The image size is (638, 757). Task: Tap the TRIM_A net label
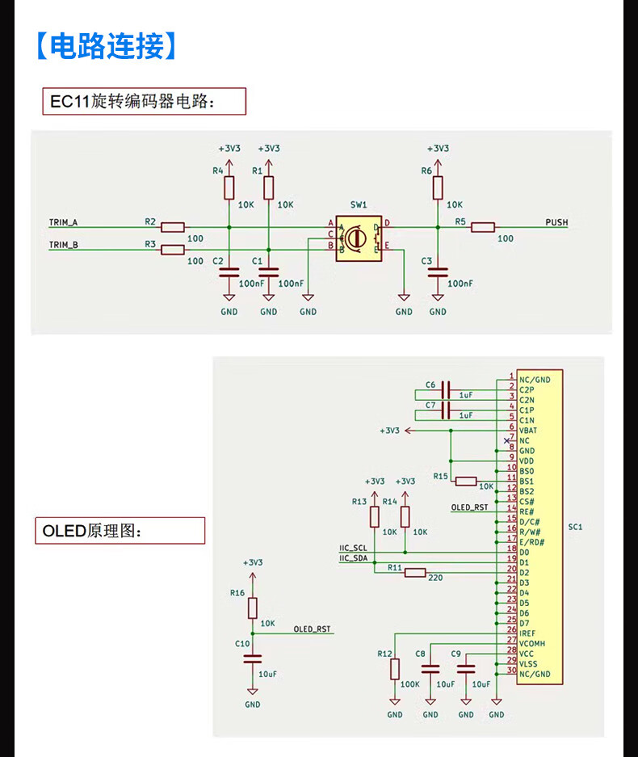(x=64, y=222)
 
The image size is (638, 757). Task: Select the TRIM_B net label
(x=64, y=245)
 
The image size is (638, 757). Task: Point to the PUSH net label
(x=556, y=222)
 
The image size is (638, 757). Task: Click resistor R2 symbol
(x=173, y=227)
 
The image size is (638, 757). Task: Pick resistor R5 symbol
(x=483, y=227)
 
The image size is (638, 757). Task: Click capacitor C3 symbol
(x=438, y=275)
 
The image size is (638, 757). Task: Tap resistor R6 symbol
(x=438, y=187)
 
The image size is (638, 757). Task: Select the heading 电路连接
(x=106, y=46)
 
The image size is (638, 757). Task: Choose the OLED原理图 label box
(x=120, y=531)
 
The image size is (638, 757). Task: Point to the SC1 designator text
(x=575, y=527)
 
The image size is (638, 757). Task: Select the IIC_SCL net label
(x=353, y=549)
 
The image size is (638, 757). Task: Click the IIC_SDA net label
(x=353, y=558)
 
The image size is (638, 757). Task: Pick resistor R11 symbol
(x=415, y=573)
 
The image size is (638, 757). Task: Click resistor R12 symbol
(x=395, y=669)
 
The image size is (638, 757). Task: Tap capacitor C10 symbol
(x=253, y=658)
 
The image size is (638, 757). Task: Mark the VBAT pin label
(x=529, y=430)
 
